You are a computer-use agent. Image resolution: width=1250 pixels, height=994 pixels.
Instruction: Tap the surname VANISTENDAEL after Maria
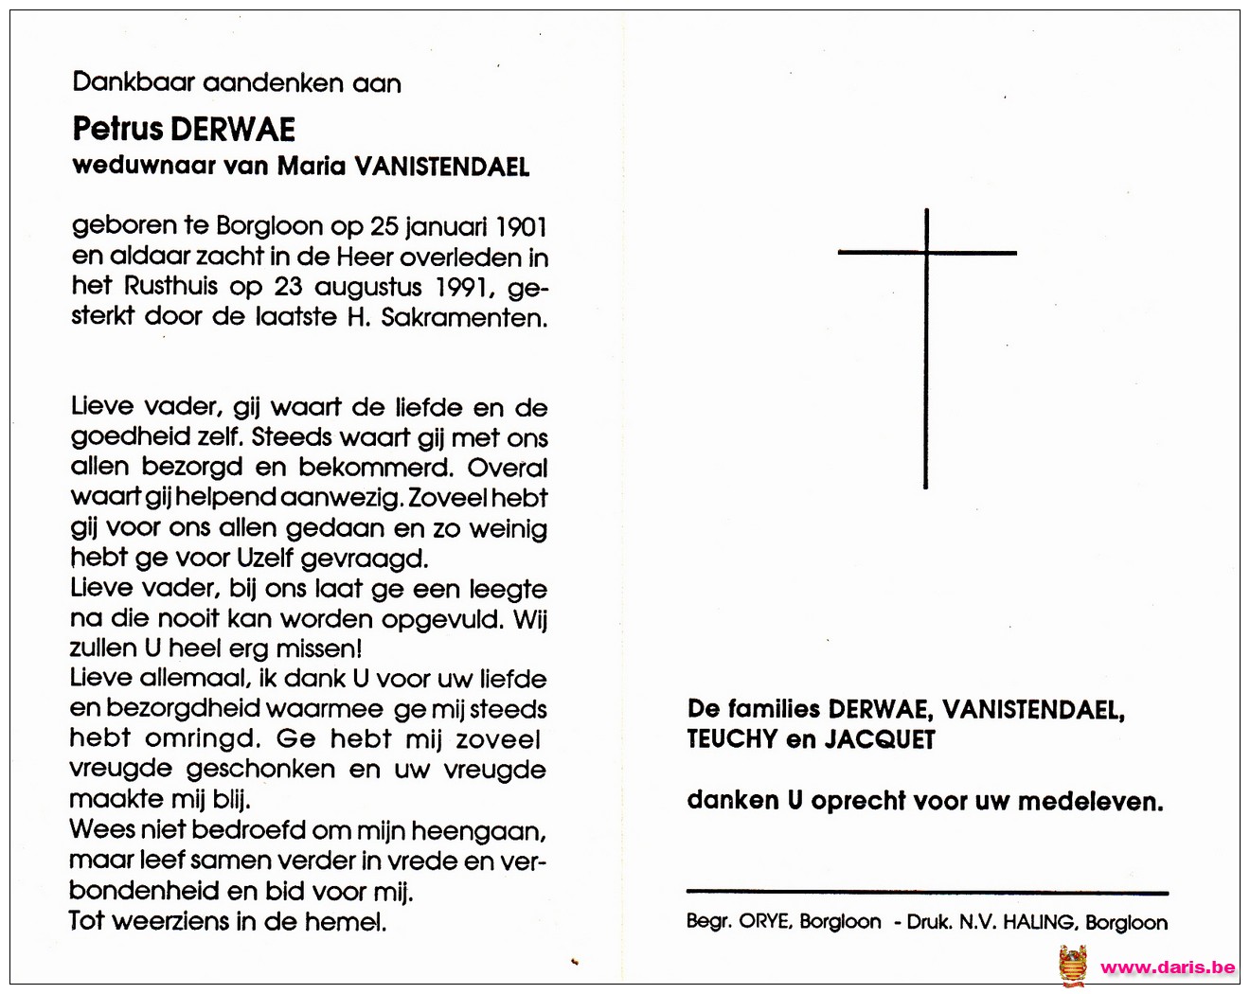(x=441, y=167)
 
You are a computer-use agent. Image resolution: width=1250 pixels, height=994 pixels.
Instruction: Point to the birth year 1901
(x=522, y=227)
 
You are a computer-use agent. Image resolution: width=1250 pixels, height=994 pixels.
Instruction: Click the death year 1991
(x=467, y=287)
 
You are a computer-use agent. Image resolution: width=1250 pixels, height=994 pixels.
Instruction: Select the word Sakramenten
(x=464, y=317)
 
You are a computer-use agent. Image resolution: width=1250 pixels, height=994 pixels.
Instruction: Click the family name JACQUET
(x=880, y=739)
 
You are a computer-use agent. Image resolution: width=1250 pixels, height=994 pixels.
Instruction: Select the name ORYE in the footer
(x=763, y=922)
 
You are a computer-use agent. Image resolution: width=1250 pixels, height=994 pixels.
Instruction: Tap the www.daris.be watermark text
(x=1168, y=967)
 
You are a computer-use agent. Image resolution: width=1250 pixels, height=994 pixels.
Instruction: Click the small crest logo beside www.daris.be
(x=1073, y=966)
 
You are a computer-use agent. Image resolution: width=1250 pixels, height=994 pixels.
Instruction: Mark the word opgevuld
(x=444, y=619)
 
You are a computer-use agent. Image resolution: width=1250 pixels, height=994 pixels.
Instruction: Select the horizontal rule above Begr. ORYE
(x=927, y=892)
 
